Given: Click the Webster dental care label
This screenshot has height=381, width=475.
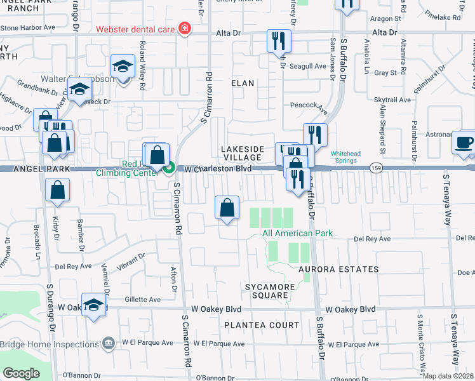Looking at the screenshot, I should pos(136,29).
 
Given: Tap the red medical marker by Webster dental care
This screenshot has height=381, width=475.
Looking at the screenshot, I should pos(185,29).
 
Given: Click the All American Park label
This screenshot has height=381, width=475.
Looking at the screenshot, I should pos(297,234).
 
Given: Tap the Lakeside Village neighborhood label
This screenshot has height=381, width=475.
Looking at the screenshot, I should pos(241,153).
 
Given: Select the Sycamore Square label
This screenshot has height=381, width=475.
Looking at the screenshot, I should pos(271,292).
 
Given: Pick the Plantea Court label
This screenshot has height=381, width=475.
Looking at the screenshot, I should pos(261,325).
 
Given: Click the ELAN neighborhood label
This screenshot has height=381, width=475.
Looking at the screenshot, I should pos(243,83).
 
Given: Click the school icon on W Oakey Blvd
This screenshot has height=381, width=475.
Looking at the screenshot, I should pos(93,304).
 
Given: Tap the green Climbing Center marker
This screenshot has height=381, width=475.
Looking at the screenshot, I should pos(170,168).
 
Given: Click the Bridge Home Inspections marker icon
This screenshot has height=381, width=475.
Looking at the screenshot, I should pos(109,344).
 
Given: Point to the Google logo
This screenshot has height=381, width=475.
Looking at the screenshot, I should pos(22,374).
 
